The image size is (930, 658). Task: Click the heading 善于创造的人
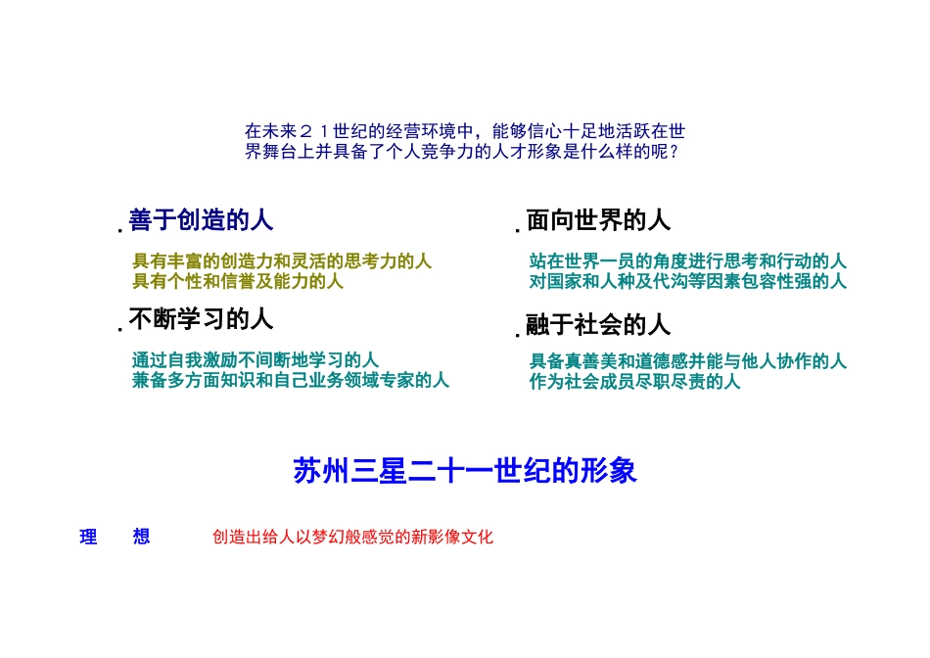pos(201,220)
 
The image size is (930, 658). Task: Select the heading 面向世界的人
pos(598,220)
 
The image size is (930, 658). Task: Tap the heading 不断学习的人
pos(201,319)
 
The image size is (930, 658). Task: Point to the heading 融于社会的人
pos(598,323)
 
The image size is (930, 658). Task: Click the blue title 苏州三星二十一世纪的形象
pos(465,471)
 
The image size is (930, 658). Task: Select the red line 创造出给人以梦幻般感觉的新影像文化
pos(352,537)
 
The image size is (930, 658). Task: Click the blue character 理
pos(88,537)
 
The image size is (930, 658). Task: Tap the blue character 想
pos(142,537)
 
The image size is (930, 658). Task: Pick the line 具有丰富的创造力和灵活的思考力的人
pos(282,262)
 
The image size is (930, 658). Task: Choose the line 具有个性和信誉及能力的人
pos(238,281)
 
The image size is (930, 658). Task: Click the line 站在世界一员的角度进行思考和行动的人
pos(687,262)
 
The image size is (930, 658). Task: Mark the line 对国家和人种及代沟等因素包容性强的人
pos(687,281)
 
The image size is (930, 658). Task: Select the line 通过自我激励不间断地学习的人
pos(256,360)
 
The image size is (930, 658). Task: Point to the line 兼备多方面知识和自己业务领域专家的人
pos(291,380)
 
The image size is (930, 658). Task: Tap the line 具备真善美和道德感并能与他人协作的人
pos(687,362)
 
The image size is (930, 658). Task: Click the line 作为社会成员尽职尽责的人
pos(634,381)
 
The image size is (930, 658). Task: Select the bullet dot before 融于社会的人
pos(518,334)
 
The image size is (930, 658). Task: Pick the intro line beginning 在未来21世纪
pos(464,131)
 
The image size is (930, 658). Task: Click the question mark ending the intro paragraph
pos(674,152)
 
